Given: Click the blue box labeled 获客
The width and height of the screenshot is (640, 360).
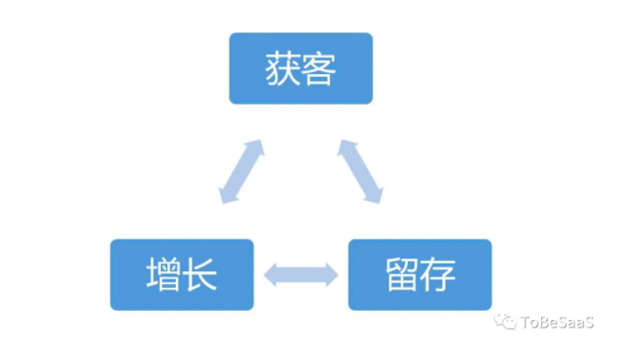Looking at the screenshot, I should point(301,68).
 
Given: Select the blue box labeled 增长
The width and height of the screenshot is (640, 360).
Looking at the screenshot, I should point(181,274).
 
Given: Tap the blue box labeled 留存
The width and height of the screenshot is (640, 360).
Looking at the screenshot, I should point(420,274).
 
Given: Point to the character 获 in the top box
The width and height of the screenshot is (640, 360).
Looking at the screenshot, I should point(282,68).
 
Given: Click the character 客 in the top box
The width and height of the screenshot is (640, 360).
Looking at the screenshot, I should point(320,68).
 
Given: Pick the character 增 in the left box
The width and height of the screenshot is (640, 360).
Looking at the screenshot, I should point(162,275).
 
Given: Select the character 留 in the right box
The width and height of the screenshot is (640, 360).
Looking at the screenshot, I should point(400,275).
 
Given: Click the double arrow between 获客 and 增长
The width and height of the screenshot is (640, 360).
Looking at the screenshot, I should point(241,172).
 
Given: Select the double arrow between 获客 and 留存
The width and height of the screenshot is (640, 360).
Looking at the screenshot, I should point(360,172).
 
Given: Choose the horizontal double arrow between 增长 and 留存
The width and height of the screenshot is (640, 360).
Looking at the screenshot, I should point(302,274).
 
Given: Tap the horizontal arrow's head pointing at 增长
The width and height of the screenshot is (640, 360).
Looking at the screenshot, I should point(271,274).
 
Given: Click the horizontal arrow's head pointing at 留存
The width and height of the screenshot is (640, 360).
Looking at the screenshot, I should point(332,274).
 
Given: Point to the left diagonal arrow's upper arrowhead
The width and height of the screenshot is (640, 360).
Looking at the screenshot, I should point(256,147).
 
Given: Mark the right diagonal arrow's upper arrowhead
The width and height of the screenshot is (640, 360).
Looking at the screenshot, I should point(345,147).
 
